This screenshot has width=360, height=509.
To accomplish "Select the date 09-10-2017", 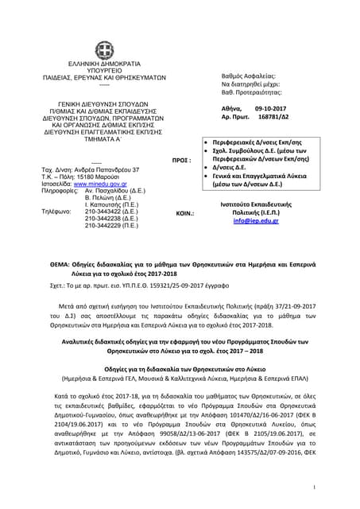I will point(275,106).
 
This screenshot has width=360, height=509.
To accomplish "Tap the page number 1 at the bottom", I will point(338,487).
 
